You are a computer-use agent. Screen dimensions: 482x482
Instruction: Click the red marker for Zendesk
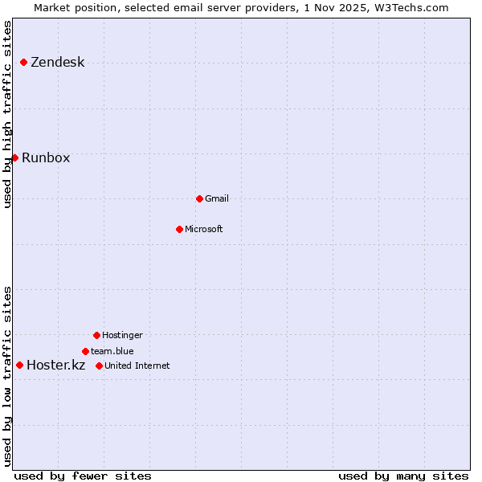click(24, 63)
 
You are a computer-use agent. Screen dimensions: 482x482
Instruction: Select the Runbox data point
click(15, 157)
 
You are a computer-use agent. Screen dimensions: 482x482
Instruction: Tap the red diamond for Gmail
click(199, 198)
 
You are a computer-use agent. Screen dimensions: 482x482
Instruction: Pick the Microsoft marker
click(179, 229)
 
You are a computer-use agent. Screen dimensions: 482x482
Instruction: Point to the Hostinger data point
click(96, 335)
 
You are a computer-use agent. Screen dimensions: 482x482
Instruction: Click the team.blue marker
click(85, 351)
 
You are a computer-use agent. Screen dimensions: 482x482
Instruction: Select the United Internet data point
click(99, 366)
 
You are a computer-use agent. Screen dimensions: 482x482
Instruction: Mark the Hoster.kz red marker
click(20, 366)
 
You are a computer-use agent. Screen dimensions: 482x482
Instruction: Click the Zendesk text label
click(57, 63)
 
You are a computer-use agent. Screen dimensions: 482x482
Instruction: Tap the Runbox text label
click(46, 157)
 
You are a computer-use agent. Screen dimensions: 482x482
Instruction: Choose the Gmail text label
click(217, 198)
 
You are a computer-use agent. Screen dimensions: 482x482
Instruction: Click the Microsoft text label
click(204, 229)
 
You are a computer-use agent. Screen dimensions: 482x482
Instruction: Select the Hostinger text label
click(122, 335)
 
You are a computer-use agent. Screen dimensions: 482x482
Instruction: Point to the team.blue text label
click(112, 351)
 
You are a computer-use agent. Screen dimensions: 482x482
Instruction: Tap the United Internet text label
click(137, 366)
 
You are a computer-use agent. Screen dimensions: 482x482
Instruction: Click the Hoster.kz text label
click(55, 366)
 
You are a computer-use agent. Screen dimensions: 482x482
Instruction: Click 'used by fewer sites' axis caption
click(83, 476)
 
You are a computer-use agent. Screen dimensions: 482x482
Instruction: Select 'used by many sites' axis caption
click(403, 476)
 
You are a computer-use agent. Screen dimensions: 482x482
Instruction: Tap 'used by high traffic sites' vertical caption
click(8, 114)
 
